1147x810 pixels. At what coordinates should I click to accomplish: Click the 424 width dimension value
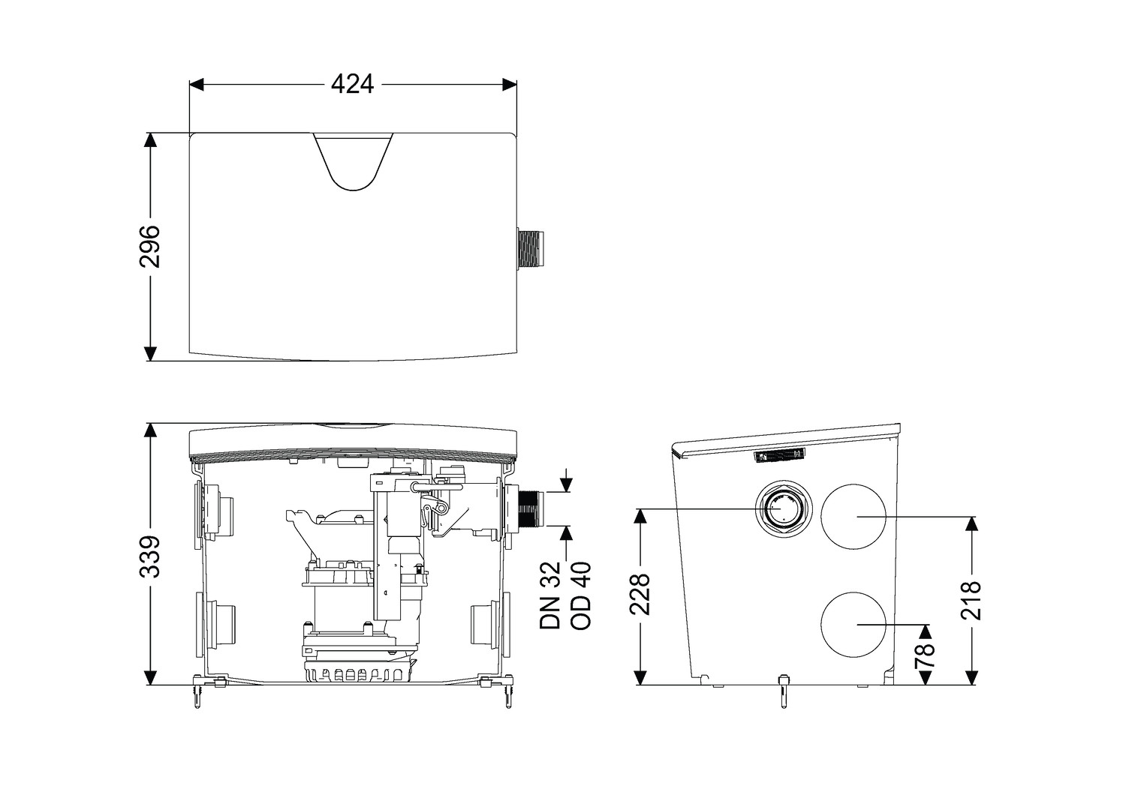[x=352, y=85]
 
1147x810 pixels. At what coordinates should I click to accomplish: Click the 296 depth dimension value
[x=150, y=246]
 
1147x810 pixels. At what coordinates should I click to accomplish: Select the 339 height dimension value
[x=150, y=557]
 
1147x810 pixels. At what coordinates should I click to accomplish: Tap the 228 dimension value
[x=640, y=594]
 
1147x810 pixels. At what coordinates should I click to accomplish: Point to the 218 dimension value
[x=971, y=600]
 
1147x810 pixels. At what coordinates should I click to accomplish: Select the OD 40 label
[x=581, y=595]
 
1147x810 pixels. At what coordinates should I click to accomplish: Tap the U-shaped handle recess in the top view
[x=354, y=162]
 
